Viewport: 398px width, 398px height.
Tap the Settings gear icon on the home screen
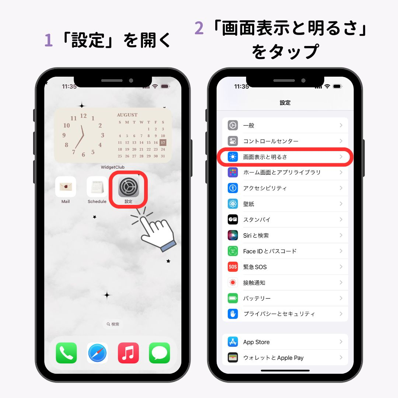(x=129, y=186)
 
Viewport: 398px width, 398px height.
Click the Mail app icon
(x=66, y=186)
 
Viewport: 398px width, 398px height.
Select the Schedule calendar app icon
(x=97, y=186)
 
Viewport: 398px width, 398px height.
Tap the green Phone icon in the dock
(x=66, y=353)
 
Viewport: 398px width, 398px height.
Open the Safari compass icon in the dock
(x=98, y=353)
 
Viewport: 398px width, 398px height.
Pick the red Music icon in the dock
(x=129, y=353)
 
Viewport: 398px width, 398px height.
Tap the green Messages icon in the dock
(x=160, y=353)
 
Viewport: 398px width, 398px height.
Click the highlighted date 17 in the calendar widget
(x=163, y=143)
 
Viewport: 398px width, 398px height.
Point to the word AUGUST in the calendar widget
(x=127, y=115)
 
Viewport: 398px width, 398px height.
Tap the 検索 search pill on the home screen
(x=113, y=324)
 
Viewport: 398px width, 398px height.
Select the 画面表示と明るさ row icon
(x=233, y=157)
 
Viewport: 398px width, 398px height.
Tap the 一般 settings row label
(x=249, y=125)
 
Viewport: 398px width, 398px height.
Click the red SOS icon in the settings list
(x=233, y=267)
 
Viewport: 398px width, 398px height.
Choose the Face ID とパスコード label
(x=270, y=251)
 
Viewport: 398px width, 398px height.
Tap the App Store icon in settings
(x=233, y=342)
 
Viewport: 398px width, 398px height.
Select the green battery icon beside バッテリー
(x=233, y=298)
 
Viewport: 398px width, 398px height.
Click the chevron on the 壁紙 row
(x=341, y=204)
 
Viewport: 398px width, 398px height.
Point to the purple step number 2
(x=199, y=29)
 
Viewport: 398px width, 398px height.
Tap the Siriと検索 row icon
(x=233, y=235)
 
